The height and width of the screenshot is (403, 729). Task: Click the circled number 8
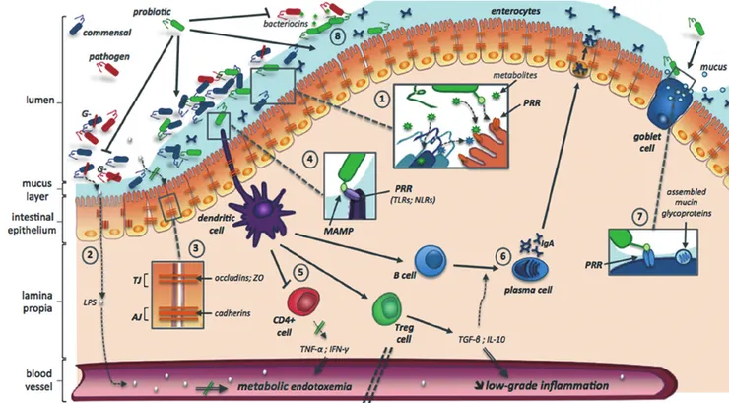click(x=338, y=35)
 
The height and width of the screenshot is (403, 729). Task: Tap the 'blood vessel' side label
click(x=31, y=380)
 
